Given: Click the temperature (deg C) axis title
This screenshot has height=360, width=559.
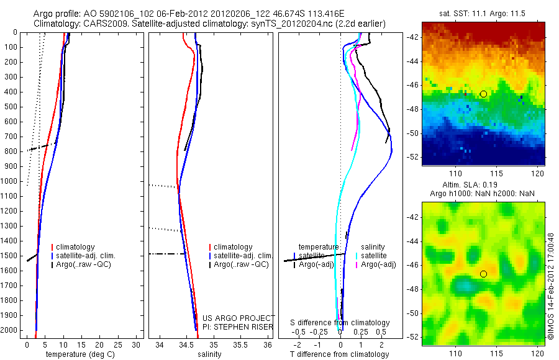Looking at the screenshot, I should (80, 354).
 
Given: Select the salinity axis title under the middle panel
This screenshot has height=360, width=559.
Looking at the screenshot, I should (209, 354).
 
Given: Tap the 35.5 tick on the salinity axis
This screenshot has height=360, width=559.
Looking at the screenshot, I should (241, 344).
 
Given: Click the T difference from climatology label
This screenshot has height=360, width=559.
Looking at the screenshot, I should (340, 354).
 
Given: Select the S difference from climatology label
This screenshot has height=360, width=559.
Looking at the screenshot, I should (340, 323).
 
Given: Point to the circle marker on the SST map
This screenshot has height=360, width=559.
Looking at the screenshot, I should (483, 94).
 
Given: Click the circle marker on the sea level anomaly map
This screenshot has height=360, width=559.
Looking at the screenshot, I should (483, 274).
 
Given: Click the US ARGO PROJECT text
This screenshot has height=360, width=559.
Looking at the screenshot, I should (238, 318).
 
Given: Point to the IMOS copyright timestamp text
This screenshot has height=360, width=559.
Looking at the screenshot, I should (550, 286).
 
